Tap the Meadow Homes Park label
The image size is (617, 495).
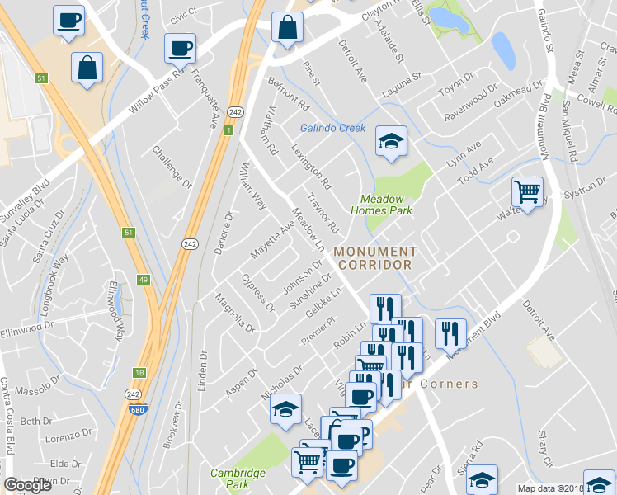click(x=386, y=205)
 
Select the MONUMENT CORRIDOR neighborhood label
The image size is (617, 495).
click(x=374, y=257)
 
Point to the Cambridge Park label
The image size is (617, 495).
click(x=238, y=478)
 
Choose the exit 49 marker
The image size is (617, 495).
click(x=144, y=280)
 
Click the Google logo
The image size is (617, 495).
click(x=27, y=485)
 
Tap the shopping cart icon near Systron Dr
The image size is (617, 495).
click(x=527, y=192)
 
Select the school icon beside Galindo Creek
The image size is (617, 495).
click(x=390, y=141)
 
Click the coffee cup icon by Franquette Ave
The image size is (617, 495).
click(x=179, y=49)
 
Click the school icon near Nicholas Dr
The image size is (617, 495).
click(x=285, y=409)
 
